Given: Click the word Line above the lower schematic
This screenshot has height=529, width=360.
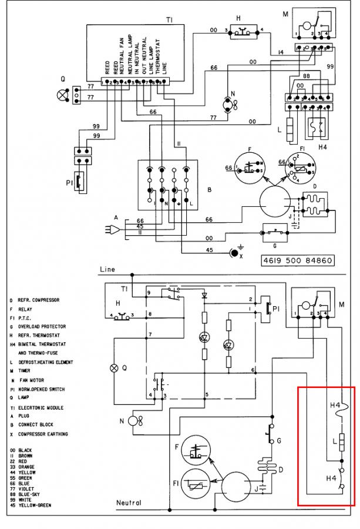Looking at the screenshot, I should coord(107,270).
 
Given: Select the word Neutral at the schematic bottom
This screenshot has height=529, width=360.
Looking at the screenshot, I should coord(129,503).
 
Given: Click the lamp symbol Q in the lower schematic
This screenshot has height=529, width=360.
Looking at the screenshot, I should coord(115,369).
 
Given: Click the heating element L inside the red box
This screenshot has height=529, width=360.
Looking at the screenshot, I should coord(341,442).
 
